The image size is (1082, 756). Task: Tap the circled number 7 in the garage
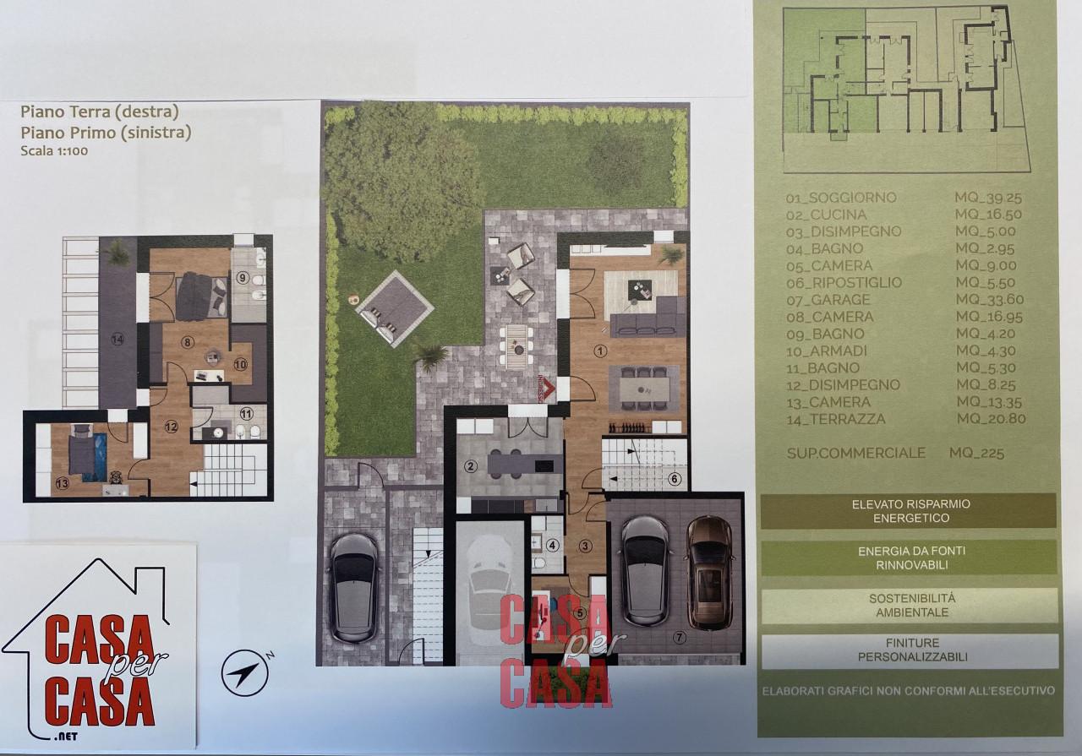coord(680,638)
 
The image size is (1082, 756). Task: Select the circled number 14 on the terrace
coord(117,339)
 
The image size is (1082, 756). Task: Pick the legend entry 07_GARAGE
coord(828,300)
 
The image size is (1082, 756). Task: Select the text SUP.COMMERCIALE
coord(855,453)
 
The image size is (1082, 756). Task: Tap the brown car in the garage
coord(709,572)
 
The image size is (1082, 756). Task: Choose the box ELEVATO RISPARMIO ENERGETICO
coord(909,511)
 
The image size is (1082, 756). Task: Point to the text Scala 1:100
coord(55,151)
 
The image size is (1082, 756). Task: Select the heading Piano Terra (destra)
coord(99,111)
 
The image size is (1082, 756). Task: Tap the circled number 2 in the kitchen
coord(471,465)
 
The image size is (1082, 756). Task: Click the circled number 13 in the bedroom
coord(62,483)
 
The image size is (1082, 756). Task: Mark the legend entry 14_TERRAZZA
coord(835,419)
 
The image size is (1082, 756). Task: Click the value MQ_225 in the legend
coord(976,454)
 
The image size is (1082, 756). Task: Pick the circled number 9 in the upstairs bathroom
coord(241,277)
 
